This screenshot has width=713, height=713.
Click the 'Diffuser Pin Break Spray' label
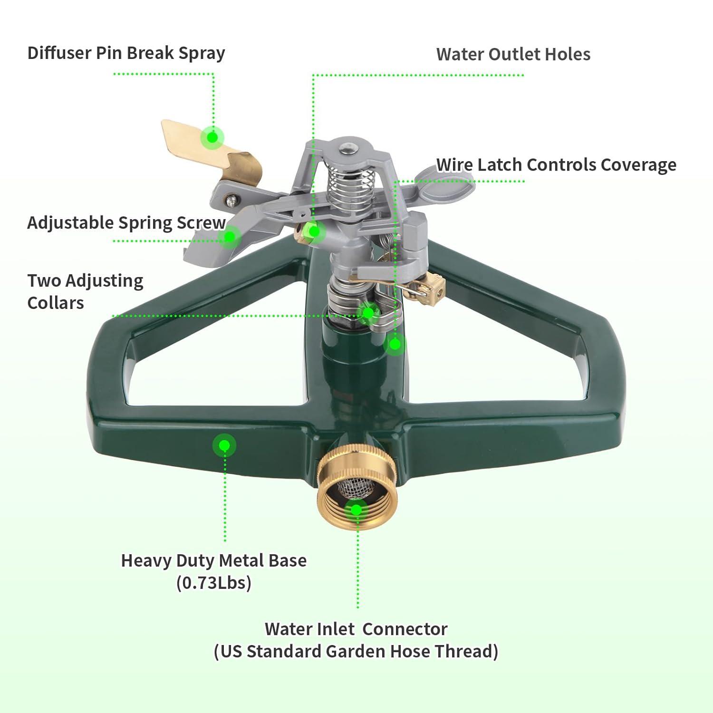[126, 53]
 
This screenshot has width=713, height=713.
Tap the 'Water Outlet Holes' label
[513, 54]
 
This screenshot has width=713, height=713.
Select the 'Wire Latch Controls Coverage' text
[556, 165]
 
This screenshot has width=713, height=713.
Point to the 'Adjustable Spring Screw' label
[126, 222]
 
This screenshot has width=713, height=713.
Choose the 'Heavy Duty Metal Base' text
[213, 560]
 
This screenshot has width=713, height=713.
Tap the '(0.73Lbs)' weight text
[213, 582]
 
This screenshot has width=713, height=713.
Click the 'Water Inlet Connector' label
[356, 629]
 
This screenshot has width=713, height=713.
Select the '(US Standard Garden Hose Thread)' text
[356, 651]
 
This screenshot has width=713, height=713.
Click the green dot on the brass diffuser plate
[212, 137]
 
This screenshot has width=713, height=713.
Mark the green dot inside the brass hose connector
[356, 511]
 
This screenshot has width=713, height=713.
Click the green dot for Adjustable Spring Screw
[231, 235]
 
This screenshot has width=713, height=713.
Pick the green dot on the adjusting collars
[368, 313]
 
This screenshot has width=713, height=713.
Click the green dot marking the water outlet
[313, 231]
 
